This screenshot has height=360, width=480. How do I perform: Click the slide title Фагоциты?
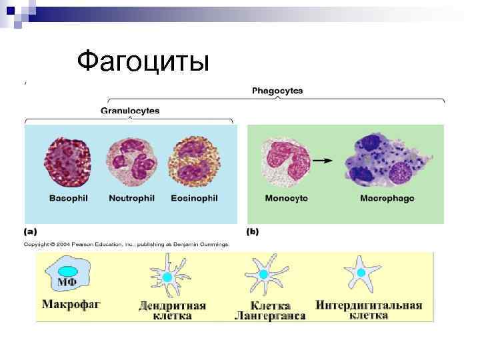(143, 61)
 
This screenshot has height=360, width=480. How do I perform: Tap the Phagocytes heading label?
(277, 90)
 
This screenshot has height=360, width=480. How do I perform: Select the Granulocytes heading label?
(130, 111)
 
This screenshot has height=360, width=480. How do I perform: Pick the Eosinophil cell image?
(193, 162)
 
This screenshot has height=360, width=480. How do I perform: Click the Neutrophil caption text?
(131, 199)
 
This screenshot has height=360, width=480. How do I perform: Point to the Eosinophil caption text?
(194, 199)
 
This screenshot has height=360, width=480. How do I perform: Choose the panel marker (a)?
(31, 232)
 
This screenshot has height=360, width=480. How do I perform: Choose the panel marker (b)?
(253, 232)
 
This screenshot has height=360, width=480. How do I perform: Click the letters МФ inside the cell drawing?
(67, 282)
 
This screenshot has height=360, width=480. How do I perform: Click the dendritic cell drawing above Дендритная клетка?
(168, 276)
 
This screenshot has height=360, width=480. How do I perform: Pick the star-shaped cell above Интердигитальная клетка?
(363, 272)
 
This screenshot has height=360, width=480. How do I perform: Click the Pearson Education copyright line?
(127, 245)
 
